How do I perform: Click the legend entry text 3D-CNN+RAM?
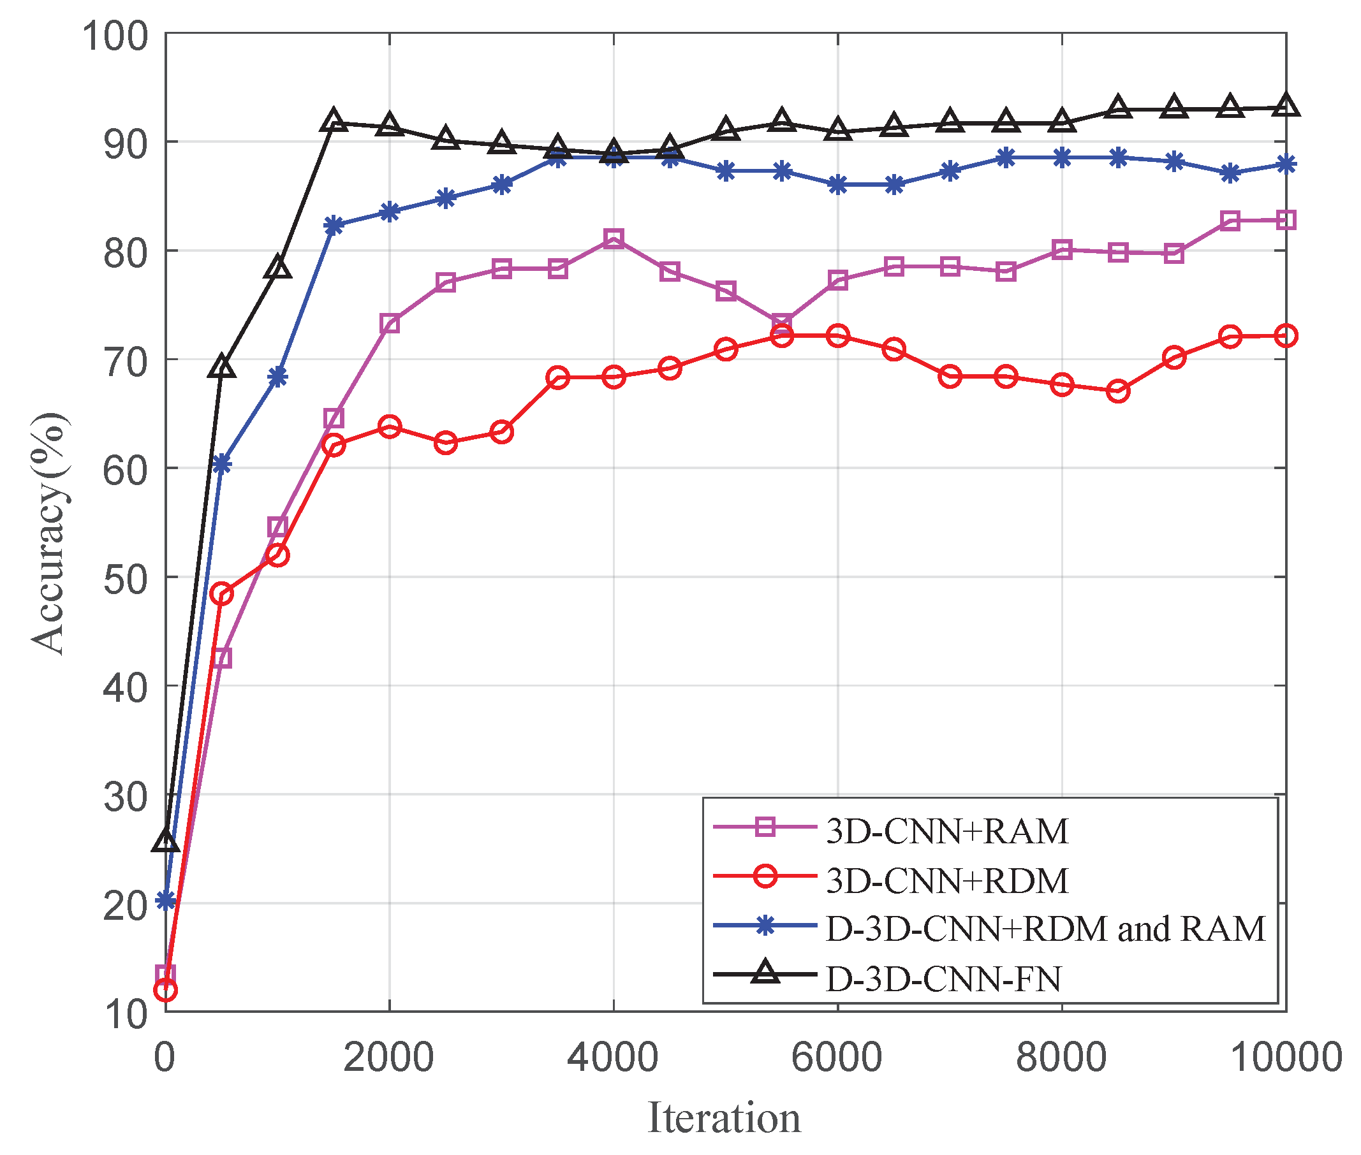946,832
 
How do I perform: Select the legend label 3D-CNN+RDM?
946,881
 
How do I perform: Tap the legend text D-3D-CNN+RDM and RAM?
1045,929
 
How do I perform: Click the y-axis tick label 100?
115,36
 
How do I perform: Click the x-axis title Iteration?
724,1117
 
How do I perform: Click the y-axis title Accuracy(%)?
49,534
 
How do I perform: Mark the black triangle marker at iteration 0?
165,841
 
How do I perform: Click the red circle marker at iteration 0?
165,990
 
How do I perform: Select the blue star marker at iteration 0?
165,901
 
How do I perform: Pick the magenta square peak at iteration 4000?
613,238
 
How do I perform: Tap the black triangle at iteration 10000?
1286,106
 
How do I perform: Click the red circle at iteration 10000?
1286,336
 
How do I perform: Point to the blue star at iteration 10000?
1286,164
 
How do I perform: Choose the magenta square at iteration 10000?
1286,220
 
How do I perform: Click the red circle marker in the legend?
764,876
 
